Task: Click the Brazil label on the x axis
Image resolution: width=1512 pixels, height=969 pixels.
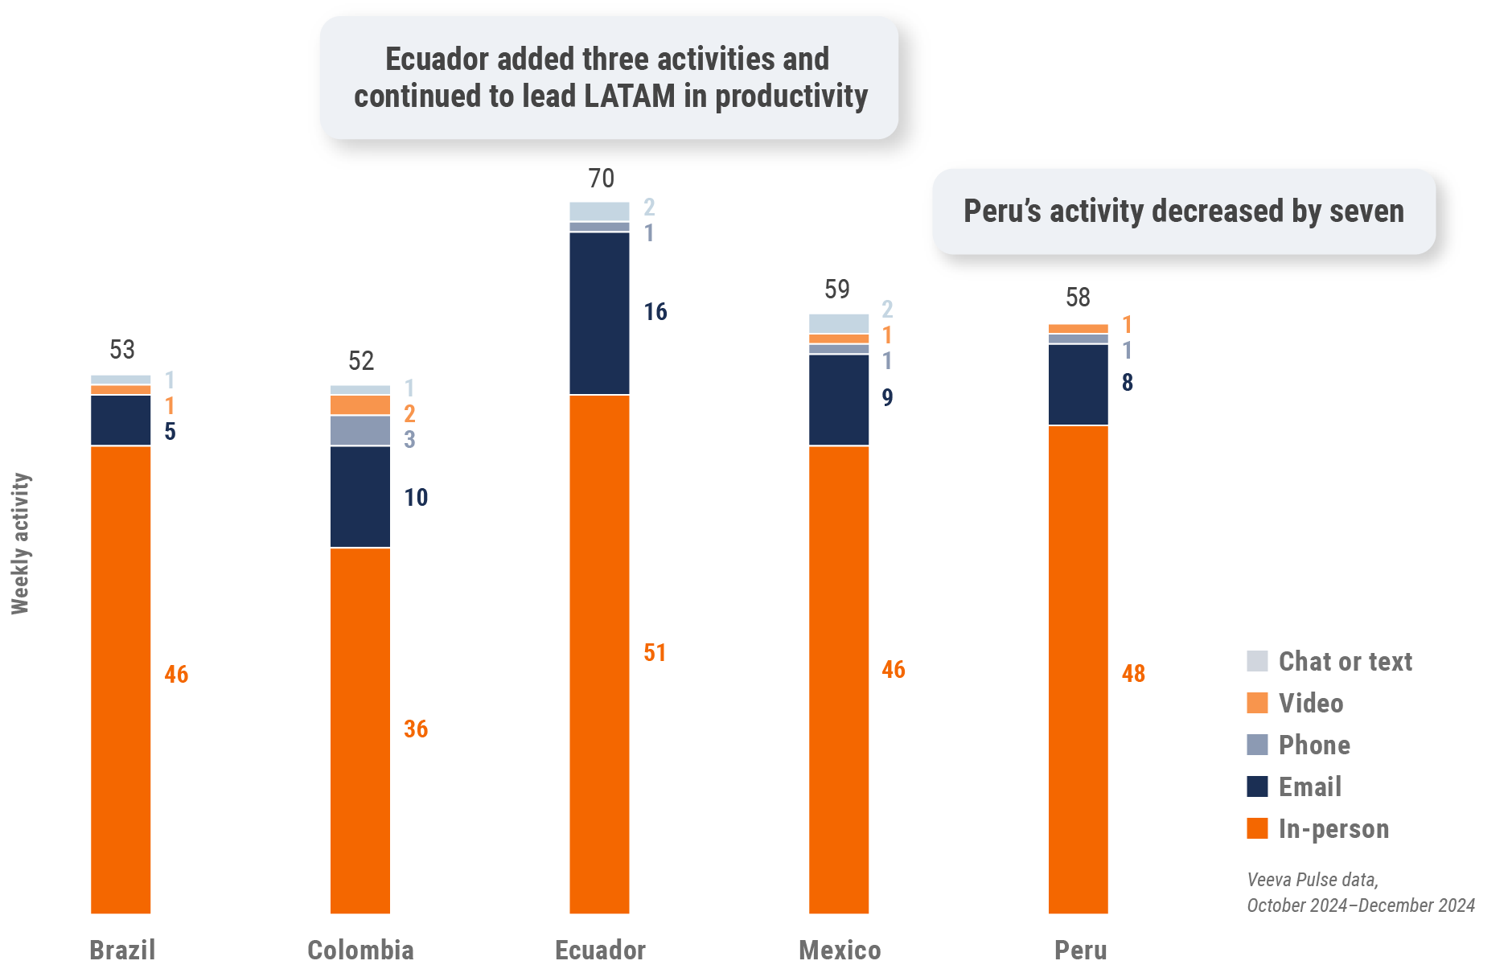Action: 122,950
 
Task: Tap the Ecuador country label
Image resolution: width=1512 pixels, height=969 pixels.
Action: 600,950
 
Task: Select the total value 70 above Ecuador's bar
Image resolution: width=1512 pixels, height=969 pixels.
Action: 601,179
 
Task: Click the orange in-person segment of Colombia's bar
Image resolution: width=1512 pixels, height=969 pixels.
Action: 360,729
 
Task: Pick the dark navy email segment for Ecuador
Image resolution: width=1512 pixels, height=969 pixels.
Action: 599,313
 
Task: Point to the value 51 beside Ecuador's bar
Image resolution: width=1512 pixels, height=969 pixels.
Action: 655,652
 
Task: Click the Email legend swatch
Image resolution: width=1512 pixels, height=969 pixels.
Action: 1257,786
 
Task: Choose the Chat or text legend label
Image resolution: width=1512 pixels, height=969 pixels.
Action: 1345,661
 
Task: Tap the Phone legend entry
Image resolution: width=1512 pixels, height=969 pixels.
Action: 1314,745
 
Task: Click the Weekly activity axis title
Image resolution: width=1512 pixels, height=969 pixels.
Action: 20,544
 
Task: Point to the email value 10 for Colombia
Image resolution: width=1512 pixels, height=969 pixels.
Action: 416,497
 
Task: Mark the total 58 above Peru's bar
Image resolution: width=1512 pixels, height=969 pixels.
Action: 1078,298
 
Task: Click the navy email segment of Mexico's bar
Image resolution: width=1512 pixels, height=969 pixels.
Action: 839,400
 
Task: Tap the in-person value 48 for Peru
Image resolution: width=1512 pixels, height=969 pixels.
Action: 1133,673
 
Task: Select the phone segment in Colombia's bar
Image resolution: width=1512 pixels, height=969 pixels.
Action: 360,431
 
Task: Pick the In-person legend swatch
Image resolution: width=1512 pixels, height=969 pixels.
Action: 1257,828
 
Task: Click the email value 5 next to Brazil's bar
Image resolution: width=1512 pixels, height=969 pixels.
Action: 170,432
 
